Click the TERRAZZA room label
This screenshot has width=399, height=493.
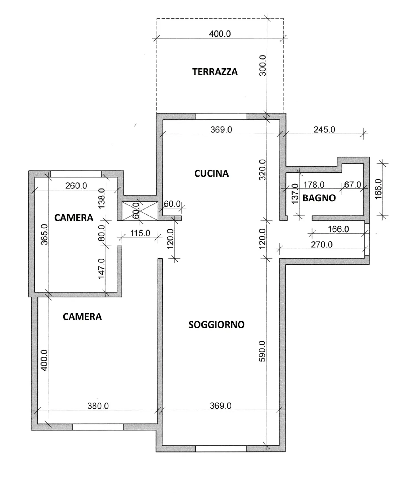point(215,72)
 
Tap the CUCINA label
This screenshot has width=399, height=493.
point(211,173)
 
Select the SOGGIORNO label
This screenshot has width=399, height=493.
point(216,325)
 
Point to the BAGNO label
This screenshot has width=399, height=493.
point(319,198)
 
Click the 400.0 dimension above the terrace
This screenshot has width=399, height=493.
point(220,34)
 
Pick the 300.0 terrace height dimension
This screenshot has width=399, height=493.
point(262,65)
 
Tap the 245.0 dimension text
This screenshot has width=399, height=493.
point(324,129)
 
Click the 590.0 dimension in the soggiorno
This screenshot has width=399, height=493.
point(262,351)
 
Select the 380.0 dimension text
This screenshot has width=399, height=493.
point(98,406)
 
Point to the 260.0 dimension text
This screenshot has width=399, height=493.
point(76,186)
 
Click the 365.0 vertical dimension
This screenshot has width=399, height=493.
point(44,234)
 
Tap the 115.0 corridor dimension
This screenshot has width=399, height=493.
point(140,233)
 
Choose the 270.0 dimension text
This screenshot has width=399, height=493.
point(322,245)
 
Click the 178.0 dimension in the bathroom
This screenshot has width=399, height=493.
point(314,185)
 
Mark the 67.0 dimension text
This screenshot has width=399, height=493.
point(353,185)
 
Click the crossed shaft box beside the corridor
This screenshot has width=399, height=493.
point(140,211)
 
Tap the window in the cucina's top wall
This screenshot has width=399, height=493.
point(221,116)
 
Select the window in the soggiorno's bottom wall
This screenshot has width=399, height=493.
point(221,449)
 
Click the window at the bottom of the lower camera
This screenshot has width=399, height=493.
point(98,427)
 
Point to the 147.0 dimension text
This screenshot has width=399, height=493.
point(101,269)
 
